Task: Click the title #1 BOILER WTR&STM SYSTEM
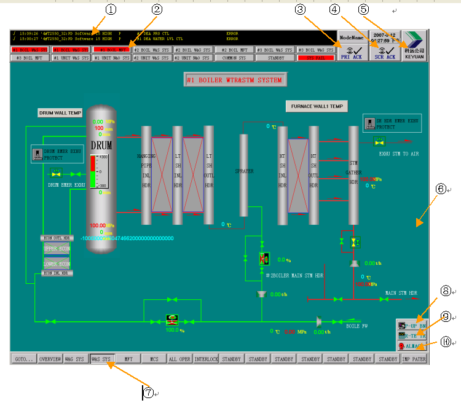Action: click(x=235, y=80)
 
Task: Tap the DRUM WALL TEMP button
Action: click(x=60, y=113)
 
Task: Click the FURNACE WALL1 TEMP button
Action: click(x=316, y=106)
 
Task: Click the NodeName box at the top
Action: click(x=352, y=37)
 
